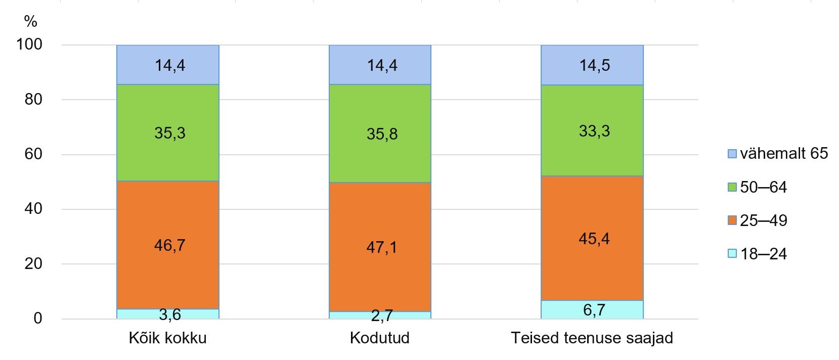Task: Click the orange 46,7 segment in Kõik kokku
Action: click(168, 245)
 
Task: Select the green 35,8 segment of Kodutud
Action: click(380, 133)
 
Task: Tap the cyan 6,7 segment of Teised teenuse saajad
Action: click(592, 309)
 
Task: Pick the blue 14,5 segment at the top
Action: click(592, 65)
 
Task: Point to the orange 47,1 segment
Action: click(380, 247)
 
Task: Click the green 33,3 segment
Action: click(592, 130)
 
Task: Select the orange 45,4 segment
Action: click(592, 238)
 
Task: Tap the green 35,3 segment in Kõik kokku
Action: click(168, 132)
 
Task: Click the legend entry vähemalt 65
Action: click(778, 154)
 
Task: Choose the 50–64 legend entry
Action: click(758, 187)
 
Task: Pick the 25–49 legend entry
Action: click(758, 220)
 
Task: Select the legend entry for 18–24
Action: click(758, 253)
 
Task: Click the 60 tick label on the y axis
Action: click(33, 154)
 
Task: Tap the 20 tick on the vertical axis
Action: click(33, 264)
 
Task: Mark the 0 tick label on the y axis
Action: click(37, 319)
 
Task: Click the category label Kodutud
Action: click(380, 338)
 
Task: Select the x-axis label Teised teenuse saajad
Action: click(592, 338)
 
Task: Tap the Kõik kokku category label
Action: click(168, 338)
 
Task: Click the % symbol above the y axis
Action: click(30, 22)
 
